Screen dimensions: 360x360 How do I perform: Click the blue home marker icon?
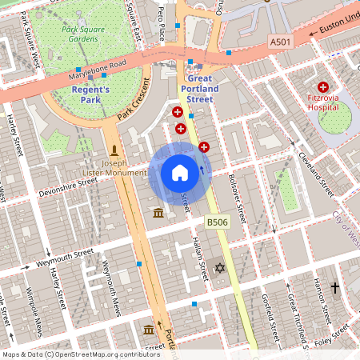(180, 173)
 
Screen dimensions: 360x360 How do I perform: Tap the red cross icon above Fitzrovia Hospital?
(323, 86)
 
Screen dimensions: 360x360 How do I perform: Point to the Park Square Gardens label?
(88, 34)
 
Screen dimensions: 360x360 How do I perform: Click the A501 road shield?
(280, 42)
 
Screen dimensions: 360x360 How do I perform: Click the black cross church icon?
(335, 286)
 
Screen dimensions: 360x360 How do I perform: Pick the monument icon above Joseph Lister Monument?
(114, 150)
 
